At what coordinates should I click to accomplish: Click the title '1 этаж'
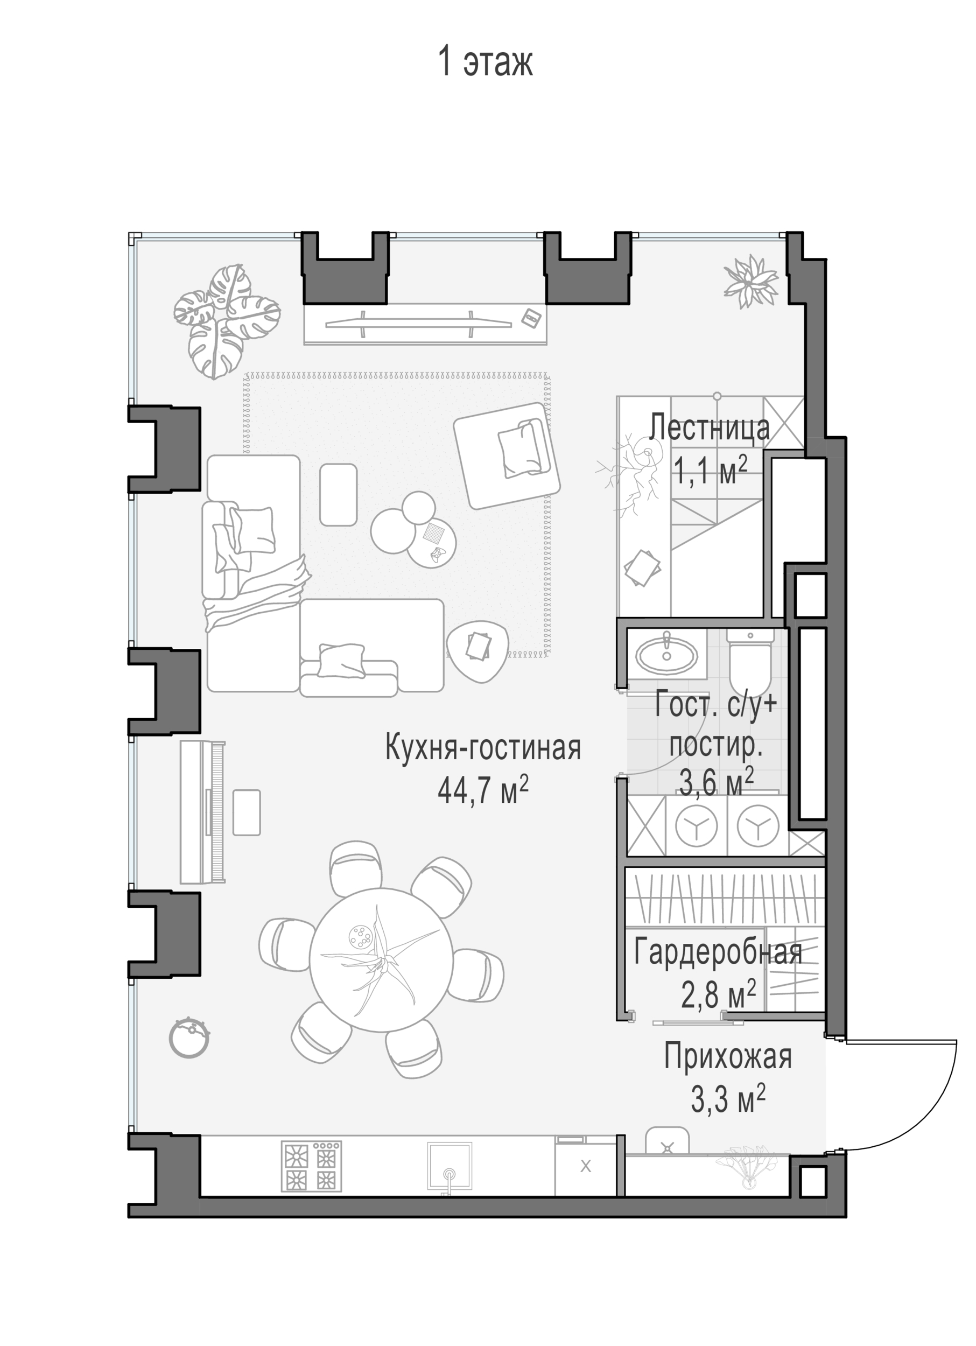[x=486, y=61]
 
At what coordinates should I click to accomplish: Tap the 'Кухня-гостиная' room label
[x=483, y=747]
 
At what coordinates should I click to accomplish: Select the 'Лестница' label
[x=709, y=427]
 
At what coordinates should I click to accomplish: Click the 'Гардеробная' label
[x=718, y=951]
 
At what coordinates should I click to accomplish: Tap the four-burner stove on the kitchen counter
[x=312, y=1166]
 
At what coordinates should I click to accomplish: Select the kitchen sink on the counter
[x=450, y=1167]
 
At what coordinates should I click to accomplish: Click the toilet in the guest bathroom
[x=750, y=661]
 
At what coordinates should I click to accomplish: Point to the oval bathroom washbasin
[x=666, y=656]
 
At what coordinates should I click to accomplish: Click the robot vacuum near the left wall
[x=189, y=1038]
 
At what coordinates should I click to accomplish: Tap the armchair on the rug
[x=507, y=455]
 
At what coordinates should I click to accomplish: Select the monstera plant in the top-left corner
[x=226, y=321]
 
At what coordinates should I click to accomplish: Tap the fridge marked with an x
[x=585, y=1166]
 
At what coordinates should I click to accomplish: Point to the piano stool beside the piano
[x=246, y=812]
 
